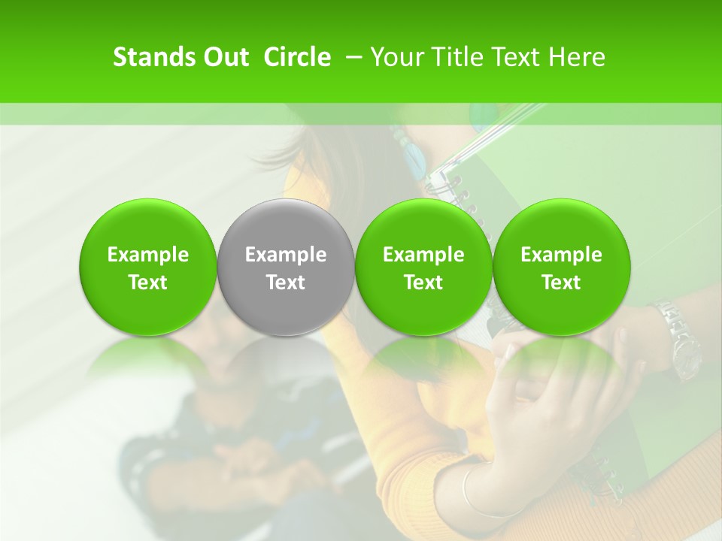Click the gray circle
[286, 267]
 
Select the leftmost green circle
[147, 267]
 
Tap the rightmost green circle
[561, 267]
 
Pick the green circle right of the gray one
[423, 267]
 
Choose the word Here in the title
[578, 57]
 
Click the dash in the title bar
[351, 57]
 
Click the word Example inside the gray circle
[286, 255]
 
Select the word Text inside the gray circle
[286, 283]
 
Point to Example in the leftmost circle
[147, 255]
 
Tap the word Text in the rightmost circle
[561, 283]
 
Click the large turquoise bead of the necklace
[414, 158]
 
